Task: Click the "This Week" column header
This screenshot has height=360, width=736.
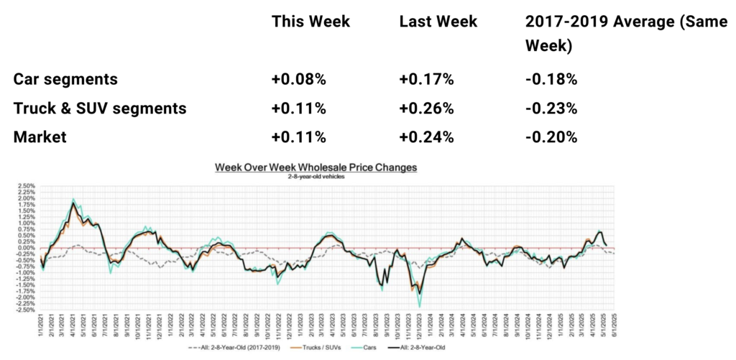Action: pyautogui.click(x=310, y=22)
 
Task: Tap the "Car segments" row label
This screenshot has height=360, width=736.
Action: pyautogui.click(x=65, y=79)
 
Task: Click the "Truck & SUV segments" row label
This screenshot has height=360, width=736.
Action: pyautogui.click(x=100, y=109)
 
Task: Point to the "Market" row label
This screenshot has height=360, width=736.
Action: pyautogui.click(x=40, y=137)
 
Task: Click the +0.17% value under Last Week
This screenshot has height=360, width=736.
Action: pyautogui.click(x=426, y=79)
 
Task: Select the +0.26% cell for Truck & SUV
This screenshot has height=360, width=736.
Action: pyautogui.click(x=426, y=109)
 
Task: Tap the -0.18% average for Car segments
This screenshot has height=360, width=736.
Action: pyautogui.click(x=551, y=79)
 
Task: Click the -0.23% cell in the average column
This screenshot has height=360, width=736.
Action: pyautogui.click(x=551, y=109)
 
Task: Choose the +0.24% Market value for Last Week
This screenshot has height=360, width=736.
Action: pyautogui.click(x=426, y=137)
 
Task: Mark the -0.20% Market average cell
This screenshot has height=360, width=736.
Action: pyautogui.click(x=551, y=137)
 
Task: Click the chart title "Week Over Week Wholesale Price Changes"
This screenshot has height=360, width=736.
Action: pyautogui.click(x=316, y=167)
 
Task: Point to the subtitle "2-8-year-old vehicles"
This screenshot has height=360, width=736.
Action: pyautogui.click(x=316, y=175)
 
